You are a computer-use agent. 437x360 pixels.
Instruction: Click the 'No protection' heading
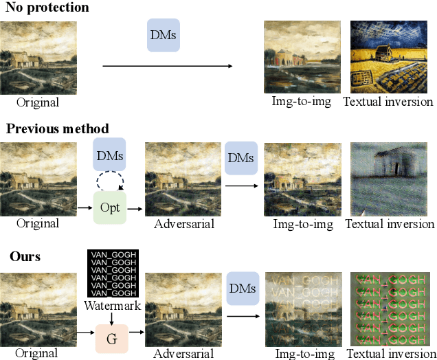[45, 8]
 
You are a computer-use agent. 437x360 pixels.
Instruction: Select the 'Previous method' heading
[56, 128]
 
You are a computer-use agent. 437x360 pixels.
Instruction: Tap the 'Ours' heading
[25, 256]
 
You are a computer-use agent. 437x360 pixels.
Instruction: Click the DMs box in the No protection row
[164, 34]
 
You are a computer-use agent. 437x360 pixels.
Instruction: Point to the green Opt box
[110, 207]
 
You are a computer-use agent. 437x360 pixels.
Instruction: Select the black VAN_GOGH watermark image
[113, 273]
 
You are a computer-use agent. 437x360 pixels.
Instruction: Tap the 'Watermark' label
[112, 305]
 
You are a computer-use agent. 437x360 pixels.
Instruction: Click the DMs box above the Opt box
[110, 156]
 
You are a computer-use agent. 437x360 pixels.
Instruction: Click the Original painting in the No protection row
[38, 58]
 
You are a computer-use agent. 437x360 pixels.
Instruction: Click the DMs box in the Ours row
[242, 288]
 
